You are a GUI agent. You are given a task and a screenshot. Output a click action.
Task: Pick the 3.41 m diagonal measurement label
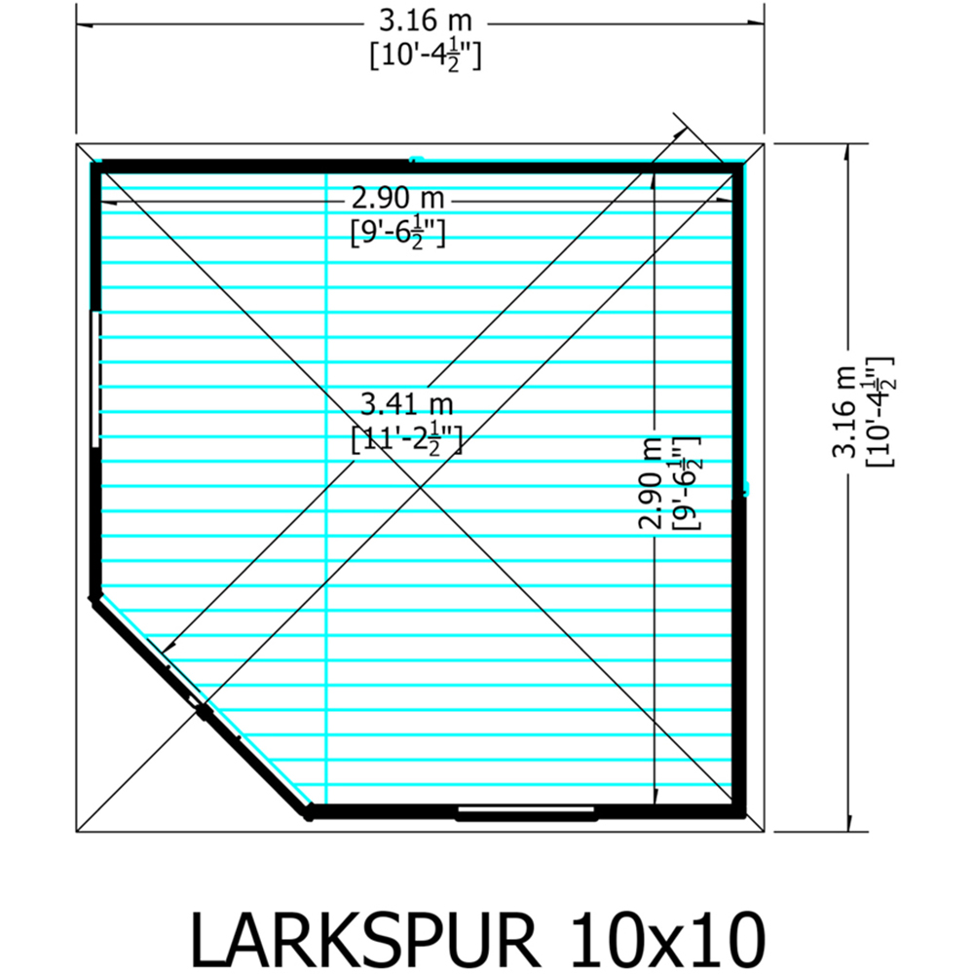pos(406,401)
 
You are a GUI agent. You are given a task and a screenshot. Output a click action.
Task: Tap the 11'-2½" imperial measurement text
pos(406,441)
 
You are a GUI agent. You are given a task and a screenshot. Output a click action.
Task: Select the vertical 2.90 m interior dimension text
pos(650,482)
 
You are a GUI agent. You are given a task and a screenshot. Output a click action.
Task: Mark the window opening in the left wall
pos(95,379)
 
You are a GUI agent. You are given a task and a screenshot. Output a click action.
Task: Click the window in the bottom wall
pos(526,810)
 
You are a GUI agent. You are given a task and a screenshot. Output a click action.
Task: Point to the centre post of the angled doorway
pos(204,712)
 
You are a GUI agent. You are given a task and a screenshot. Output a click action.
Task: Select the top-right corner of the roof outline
pos(765,143)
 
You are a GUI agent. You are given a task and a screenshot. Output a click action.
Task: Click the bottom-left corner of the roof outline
pos(77,832)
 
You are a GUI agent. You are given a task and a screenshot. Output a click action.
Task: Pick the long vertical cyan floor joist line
pos(325,487)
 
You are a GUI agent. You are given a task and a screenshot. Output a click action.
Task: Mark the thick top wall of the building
pos(419,167)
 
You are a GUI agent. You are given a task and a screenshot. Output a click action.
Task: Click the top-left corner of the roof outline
pos(77,143)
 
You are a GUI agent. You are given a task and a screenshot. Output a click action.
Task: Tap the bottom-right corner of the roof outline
pos(765,832)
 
